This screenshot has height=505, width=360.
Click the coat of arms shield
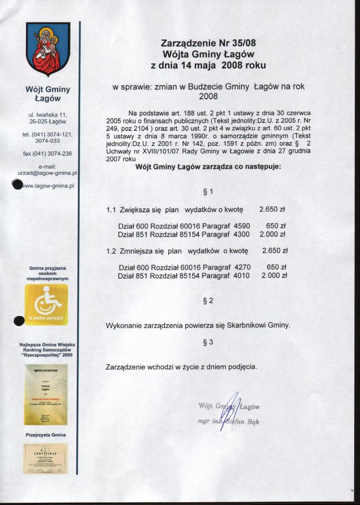click(48, 50)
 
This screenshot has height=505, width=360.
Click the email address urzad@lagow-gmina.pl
click(48, 172)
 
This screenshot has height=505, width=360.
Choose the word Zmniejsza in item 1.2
click(136, 251)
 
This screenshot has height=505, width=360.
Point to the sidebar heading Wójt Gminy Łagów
click(48, 94)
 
